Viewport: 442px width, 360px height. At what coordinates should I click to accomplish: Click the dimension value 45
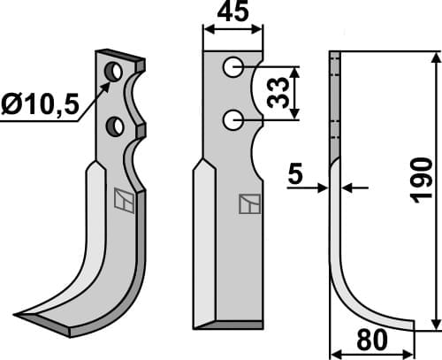coord(232,12)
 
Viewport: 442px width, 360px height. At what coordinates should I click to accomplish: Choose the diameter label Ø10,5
coord(41,106)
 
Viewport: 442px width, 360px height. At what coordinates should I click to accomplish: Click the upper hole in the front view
coord(232,66)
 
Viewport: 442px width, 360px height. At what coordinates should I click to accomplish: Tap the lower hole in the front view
coord(232,119)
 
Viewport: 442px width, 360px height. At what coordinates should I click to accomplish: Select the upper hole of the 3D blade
coord(114,71)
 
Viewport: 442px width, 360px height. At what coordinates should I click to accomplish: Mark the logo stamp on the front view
coord(250,204)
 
